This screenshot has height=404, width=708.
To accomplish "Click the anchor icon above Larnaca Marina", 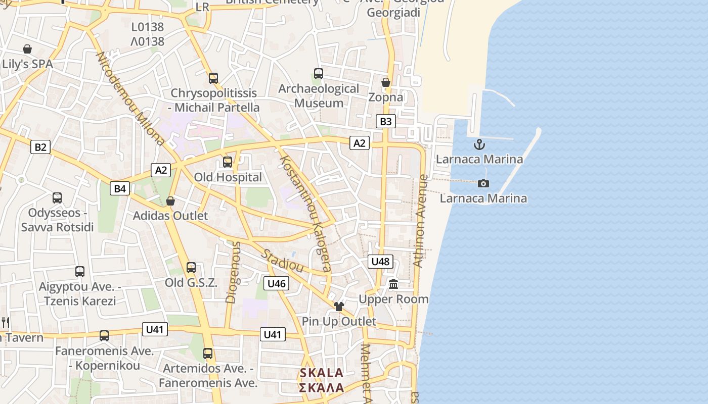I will click(x=479, y=145).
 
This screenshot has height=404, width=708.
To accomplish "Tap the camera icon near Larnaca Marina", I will click(x=483, y=183).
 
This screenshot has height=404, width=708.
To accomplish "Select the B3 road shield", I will click(x=385, y=121).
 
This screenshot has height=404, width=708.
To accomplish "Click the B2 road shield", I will click(x=40, y=147).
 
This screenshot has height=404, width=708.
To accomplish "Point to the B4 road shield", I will click(x=120, y=189).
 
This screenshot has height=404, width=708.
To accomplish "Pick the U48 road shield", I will click(x=380, y=261).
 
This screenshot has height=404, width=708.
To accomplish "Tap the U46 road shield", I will click(x=277, y=283).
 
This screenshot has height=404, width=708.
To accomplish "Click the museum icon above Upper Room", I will click(x=393, y=284).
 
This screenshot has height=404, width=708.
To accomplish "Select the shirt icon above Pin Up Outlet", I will click(x=339, y=306).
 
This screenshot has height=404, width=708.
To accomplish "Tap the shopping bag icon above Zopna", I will click(x=386, y=82).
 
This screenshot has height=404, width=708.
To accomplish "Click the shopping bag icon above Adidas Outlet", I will click(x=170, y=201).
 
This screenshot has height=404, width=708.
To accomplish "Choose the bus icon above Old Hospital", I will click(x=228, y=162).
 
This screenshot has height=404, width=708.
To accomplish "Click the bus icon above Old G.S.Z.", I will click(x=191, y=268).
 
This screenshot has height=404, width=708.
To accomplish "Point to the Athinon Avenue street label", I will click(x=421, y=221).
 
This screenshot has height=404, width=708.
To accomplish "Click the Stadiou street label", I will click(x=282, y=260).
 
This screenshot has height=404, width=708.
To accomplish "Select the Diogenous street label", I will click(x=233, y=272).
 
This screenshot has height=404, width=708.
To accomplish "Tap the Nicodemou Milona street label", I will click(x=130, y=98).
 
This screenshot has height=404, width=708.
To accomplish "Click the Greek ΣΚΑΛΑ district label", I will click(x=322, y=388).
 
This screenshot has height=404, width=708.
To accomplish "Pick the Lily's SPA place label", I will click(x=27, y=64).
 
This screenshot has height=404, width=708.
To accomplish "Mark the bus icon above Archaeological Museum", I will click(x=319, y=74).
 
